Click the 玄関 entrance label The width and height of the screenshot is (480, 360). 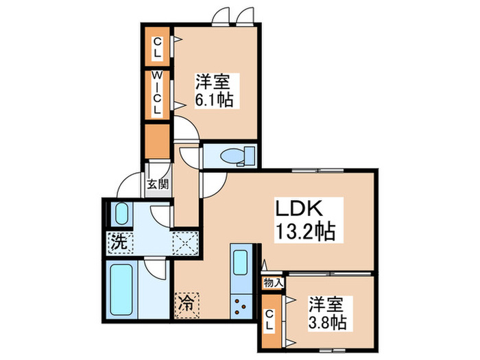pos(157,184)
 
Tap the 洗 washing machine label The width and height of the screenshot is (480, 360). pos(119,241)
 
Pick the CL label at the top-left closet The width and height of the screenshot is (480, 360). pos(157,47)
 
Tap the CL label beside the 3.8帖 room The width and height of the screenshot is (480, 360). pos(271,320)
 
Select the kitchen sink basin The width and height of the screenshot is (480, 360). pos(241,263)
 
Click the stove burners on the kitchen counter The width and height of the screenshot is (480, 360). pos(241,304)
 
